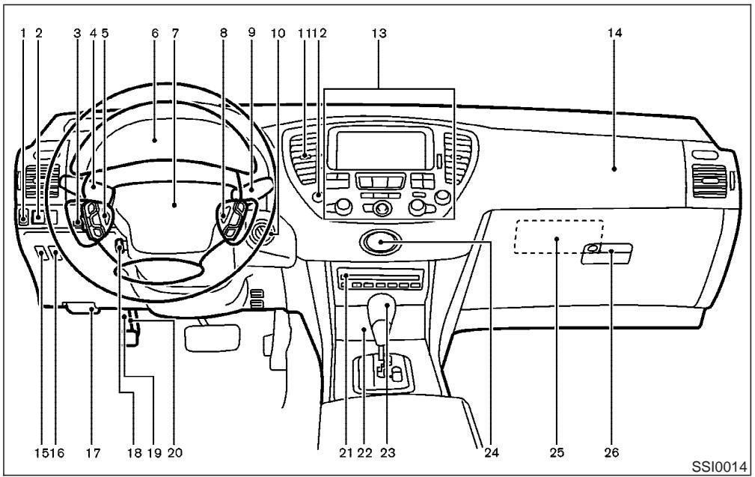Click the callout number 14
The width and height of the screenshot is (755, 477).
click(x=614, y=33)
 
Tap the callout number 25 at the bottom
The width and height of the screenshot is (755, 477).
click(x=557, y=452)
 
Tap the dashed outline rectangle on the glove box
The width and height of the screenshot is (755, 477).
click(x=557, y=240)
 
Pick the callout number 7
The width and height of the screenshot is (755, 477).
click(x=175, y=33)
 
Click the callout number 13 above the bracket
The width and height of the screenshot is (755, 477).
click(x=379, y=33)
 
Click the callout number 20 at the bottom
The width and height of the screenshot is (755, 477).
click(x=174, y=452)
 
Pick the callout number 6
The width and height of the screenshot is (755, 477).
click(x=154, y=33)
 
